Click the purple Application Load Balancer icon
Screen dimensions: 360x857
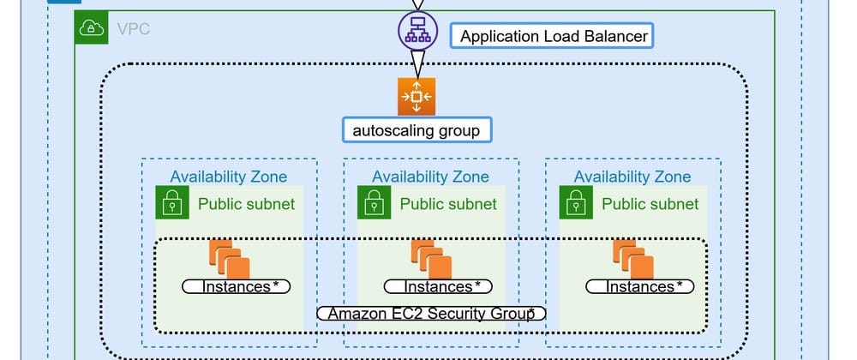click(x=417, y=31)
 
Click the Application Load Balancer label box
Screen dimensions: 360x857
click(x=554, y=36)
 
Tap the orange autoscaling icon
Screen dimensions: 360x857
click(x=417, y=96)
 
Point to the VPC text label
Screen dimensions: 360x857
click(x=133, y=30)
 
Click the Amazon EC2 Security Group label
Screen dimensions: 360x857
click(x=431, y=313)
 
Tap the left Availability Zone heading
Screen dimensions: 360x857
click(x=229, y=177)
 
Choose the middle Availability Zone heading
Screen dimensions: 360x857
click(x=430, y=177)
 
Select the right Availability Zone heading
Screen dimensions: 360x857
click(x=632, y=177)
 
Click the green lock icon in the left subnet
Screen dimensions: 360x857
click(x=172, y=203)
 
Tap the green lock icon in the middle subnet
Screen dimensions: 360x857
click(x=374, y=203)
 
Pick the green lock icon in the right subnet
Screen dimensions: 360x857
click(x=576, y=203)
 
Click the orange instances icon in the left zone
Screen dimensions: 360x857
click(x=229, y=256)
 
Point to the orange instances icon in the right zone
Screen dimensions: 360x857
click(x=632, y=256)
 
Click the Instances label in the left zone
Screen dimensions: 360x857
click(x=236, y=286)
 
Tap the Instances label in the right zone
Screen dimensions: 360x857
click(x=639, y=286)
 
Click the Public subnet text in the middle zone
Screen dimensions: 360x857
click(x=448, y=204)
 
